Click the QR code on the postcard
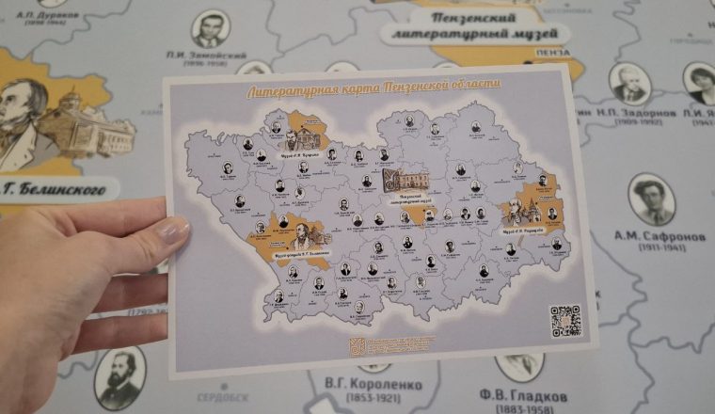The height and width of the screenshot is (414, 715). [x=565, y=320]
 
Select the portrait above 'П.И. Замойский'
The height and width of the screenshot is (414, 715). [x=211, y=29]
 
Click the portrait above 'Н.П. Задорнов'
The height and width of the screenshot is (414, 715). [x=628, y=83]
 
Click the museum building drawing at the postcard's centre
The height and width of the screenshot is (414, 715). [x=407, y=179]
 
